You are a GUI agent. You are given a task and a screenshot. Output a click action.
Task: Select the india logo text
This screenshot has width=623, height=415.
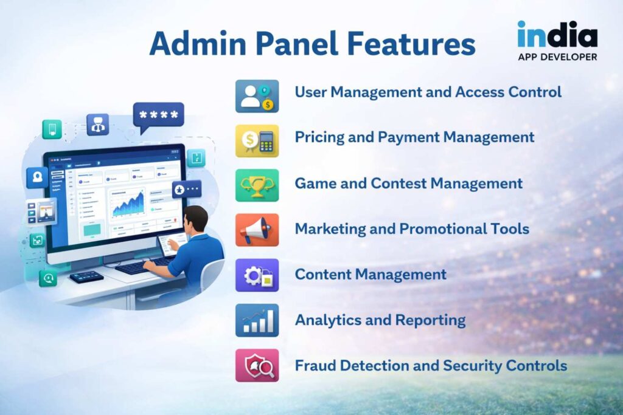[557, 35]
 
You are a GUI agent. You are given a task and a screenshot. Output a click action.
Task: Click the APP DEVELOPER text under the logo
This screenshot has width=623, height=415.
[557, 57]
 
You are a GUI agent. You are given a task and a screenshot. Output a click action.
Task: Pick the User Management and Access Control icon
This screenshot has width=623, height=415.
[257, 96]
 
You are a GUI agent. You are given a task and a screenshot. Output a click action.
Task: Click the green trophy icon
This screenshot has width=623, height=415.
[257, 185]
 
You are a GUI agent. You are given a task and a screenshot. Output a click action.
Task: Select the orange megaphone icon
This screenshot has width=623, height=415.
[257, 230]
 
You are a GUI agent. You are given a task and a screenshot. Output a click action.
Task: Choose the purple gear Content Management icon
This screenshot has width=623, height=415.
[257, 275]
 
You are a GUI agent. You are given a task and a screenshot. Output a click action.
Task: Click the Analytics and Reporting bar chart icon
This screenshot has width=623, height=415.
[257, 320]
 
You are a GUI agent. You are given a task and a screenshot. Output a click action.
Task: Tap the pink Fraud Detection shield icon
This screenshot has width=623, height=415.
[257, 365]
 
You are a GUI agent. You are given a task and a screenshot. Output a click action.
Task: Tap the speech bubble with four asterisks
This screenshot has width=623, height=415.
[158, 115]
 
